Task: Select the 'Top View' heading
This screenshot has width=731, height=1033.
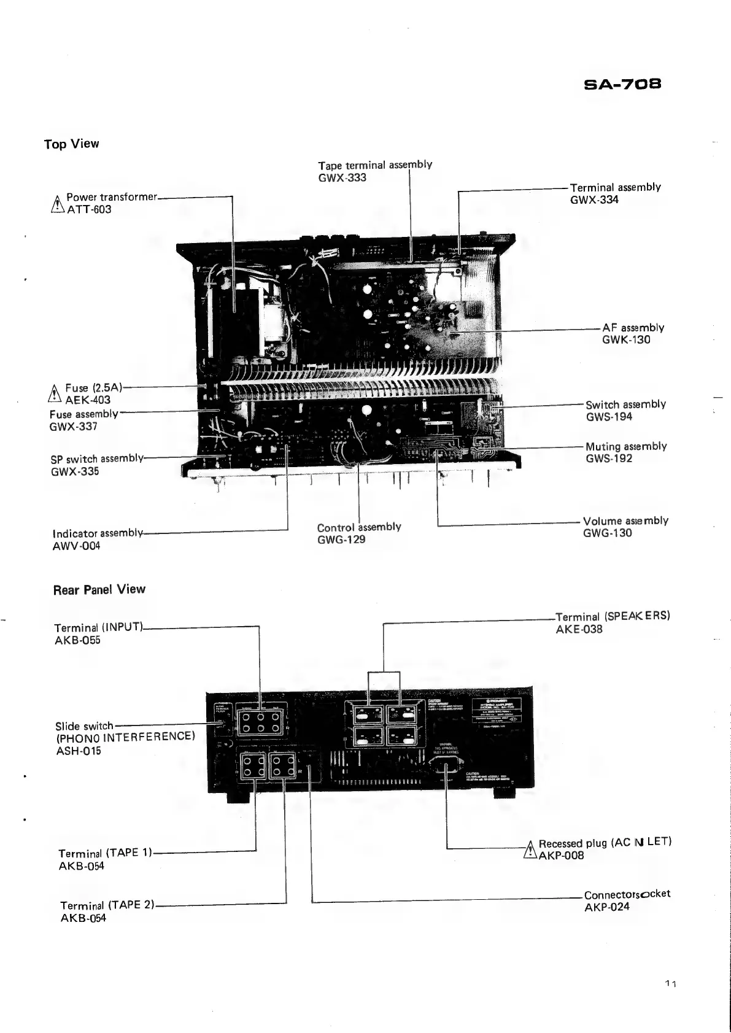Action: tap(71, 144)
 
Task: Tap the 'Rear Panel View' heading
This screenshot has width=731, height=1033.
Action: tap(99, 590)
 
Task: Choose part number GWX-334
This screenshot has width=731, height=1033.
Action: tap(594, 200)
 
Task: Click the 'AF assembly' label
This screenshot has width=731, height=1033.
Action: tap(633, 328)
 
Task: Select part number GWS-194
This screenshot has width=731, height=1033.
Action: tap(609, 417)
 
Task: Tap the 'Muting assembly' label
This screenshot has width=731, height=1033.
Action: tap(626, 446)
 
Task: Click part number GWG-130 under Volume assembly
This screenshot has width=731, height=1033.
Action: tap(607, 533)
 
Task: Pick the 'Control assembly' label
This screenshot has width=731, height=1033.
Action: tap(359, 527)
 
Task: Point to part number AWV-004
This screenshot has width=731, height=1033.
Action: tap(76, 546)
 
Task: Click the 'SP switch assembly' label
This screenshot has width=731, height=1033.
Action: tap(97, 458)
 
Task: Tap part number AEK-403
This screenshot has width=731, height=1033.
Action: tap(88, 400)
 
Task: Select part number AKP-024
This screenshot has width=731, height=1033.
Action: tap(606, 907)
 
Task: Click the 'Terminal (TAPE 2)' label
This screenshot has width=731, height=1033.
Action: tap(107, 905)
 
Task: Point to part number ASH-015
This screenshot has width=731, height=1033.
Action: tap(78, 751)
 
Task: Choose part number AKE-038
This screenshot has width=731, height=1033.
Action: tap(579, 629)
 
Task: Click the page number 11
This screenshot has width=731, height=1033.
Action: tap(670, 985)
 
